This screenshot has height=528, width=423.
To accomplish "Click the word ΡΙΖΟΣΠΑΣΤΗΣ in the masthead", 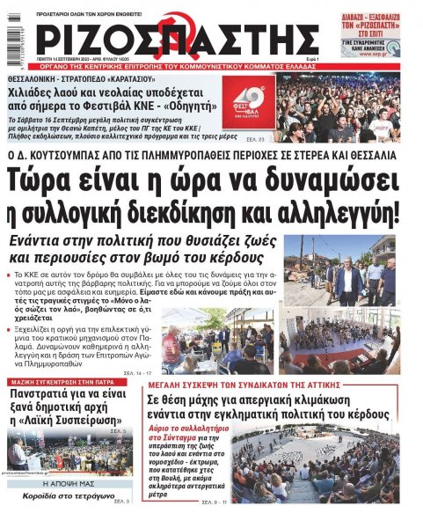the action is [x=176, y=40].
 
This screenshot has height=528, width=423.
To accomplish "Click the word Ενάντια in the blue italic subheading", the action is [x=44, y=240].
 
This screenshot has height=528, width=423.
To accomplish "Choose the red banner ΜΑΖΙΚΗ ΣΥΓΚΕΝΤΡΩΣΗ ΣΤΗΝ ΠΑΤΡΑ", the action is [x=70, y=384].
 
